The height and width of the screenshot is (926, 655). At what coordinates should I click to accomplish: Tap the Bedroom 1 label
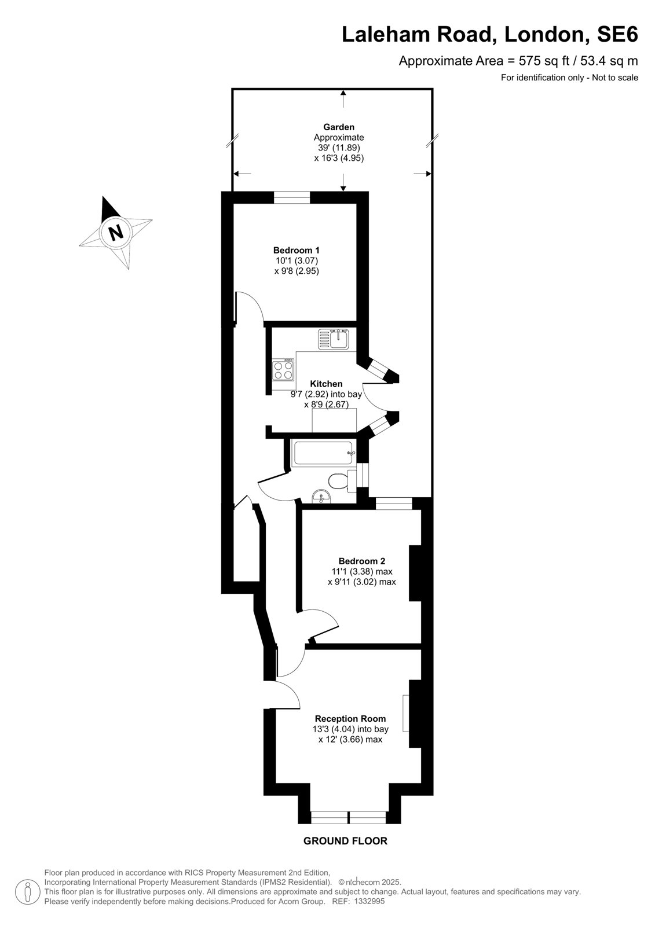click(x=297, y=250)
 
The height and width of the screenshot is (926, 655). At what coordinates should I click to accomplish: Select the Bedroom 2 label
click(x=361, y=561)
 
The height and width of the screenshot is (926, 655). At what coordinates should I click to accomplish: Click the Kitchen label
click(x=326, y=384)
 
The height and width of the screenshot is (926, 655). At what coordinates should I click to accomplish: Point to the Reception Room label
click(x=350, y=719)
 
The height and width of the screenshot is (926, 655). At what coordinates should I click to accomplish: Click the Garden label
click(x=339, y=127)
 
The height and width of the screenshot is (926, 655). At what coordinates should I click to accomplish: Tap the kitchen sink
click(x=334, y=339)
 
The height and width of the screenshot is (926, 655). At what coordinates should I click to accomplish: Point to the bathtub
click(x=323, y=454)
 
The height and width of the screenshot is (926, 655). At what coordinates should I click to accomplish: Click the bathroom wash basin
click(x=321, y=497)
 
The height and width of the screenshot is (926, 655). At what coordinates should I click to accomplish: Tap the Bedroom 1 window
click(x=292, y=197)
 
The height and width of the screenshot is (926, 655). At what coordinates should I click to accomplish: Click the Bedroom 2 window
click(x=394, y=504)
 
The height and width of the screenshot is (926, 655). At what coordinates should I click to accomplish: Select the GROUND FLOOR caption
click(x=346, y=841)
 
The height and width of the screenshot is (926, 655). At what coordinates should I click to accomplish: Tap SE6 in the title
click(x=617, y=34)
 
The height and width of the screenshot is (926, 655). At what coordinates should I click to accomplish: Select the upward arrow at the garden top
click(x=343, y=99)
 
